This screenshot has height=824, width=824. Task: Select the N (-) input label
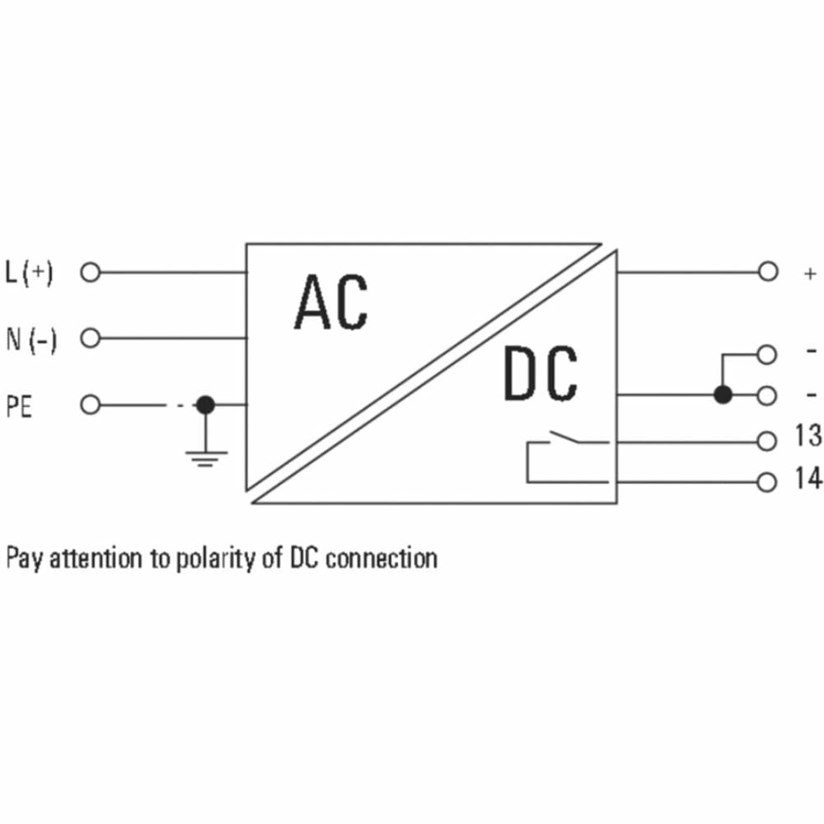click(31, 339)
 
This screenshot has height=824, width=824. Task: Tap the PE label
click(19, 406)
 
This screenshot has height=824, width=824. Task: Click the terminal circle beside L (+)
click(90, 272)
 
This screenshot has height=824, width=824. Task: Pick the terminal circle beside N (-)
click(90, 338)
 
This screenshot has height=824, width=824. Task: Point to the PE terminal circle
click(90, 405)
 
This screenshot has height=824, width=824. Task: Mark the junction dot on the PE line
click(205, 405)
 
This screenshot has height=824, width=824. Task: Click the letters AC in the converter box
click(330, 302)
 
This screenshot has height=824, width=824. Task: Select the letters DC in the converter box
click(540, 375)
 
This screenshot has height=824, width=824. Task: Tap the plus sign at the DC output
click(811, 274)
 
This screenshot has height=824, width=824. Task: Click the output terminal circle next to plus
click(767, 272)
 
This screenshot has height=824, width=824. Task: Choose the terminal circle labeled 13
click(767, 441)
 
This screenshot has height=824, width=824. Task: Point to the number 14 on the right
click(808, 479)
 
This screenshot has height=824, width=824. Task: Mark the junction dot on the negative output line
click(723, 396)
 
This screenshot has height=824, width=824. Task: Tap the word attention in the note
click(96, 559)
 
